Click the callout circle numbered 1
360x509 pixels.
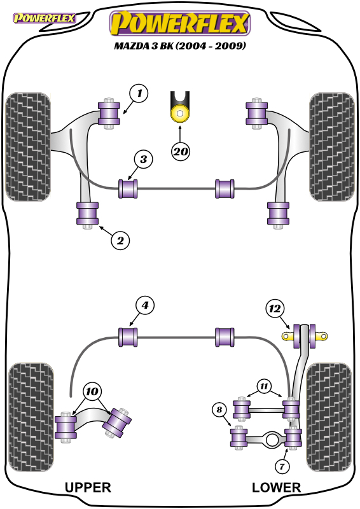point(139,94)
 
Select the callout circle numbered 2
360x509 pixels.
point(120,241)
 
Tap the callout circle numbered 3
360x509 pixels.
point(144,159)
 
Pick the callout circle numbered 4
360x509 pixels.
point(145,305)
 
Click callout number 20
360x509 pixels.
point(181,151)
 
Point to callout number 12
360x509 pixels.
point(275,309)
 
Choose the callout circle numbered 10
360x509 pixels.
point(92,391)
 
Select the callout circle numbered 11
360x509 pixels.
point(264,386)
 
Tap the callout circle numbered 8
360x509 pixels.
point(219,409)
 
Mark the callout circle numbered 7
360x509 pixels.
point(282,467)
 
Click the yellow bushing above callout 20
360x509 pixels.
point(180,113)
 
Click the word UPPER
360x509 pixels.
point(88,487)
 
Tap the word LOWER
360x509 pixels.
point(276,487)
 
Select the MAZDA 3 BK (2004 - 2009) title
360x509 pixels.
point(180,45)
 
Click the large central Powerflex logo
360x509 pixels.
point(180,23)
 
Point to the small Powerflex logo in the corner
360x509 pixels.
point(44,18)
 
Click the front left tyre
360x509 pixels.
point(28,147)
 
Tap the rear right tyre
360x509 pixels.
point(329,417)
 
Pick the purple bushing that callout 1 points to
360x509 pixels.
point(109,113)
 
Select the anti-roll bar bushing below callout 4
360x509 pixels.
point(128,337)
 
